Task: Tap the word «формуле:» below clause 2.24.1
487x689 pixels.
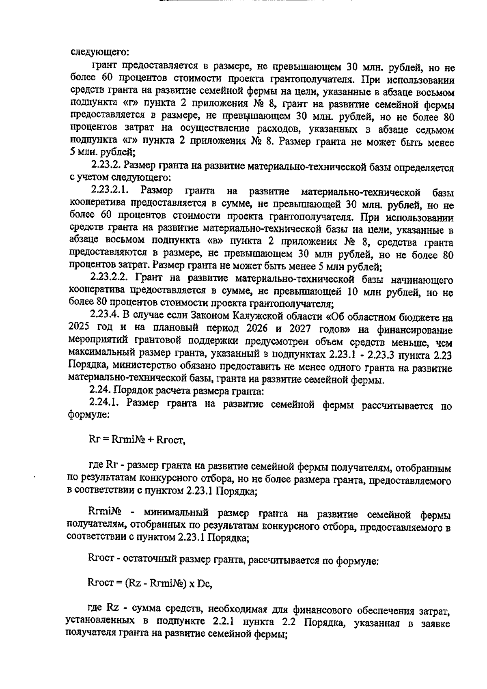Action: [x=87, y=416]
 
